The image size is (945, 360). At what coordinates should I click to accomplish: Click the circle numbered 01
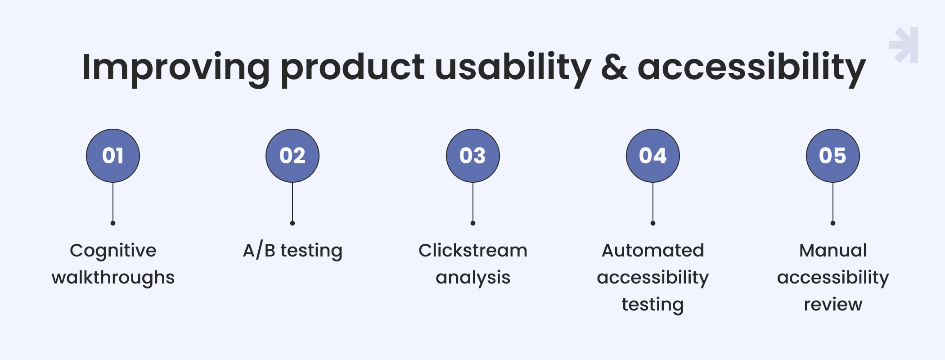pyautogui.click(x=113, y=156)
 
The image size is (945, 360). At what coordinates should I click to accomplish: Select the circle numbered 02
pyautogui.click(x=292, y=156)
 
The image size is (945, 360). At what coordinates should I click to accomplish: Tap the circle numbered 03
pyautogui.click(x=473, y=156)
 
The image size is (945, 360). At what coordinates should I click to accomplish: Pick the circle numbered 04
pyautogui.click(x=653, y=156)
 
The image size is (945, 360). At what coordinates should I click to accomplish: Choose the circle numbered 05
pyautogui.click(x=833, y=156)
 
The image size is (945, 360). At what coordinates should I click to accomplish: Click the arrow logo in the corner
pyautogui.click(x=904, y=45)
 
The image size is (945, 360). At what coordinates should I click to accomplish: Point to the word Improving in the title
pyautogui.click(x=176, y=69)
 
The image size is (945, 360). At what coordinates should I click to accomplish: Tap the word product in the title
pyautogui.click(x=352, y=69)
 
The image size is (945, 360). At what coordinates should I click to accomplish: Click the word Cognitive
pyautogui.click(x=113, y=251)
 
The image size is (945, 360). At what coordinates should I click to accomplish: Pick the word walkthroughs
pyautogui.click(x=113, y=278)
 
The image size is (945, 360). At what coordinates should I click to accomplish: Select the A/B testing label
pyautogui.click(x=292, y=251)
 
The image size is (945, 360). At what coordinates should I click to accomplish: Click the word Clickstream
pyautogui.click(x=473, y=250)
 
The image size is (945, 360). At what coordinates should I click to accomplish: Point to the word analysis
pyautogui.click(x=473, y=278)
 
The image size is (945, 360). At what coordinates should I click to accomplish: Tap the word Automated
pyautogui.click(x=653, y=250)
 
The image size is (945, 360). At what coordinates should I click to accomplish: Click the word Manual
pyautogui.click(x=833, y=250)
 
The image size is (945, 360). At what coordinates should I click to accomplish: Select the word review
pyautogui.click(x=833, y=305)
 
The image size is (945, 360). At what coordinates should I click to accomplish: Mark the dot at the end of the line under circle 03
pyautogui.click(x=473, y=223)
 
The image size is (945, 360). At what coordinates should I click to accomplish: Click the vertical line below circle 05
pyautogui.click(x=833, y=202)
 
